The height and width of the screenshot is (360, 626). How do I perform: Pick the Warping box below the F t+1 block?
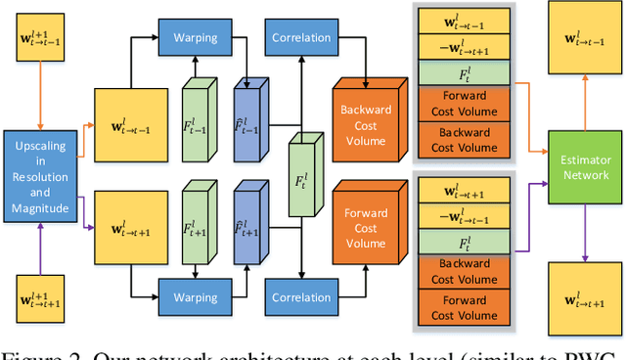click(197, 297)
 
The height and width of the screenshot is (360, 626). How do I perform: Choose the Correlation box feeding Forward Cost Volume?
click(300, 297)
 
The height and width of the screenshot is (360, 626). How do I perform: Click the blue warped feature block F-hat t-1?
click(248, 122)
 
